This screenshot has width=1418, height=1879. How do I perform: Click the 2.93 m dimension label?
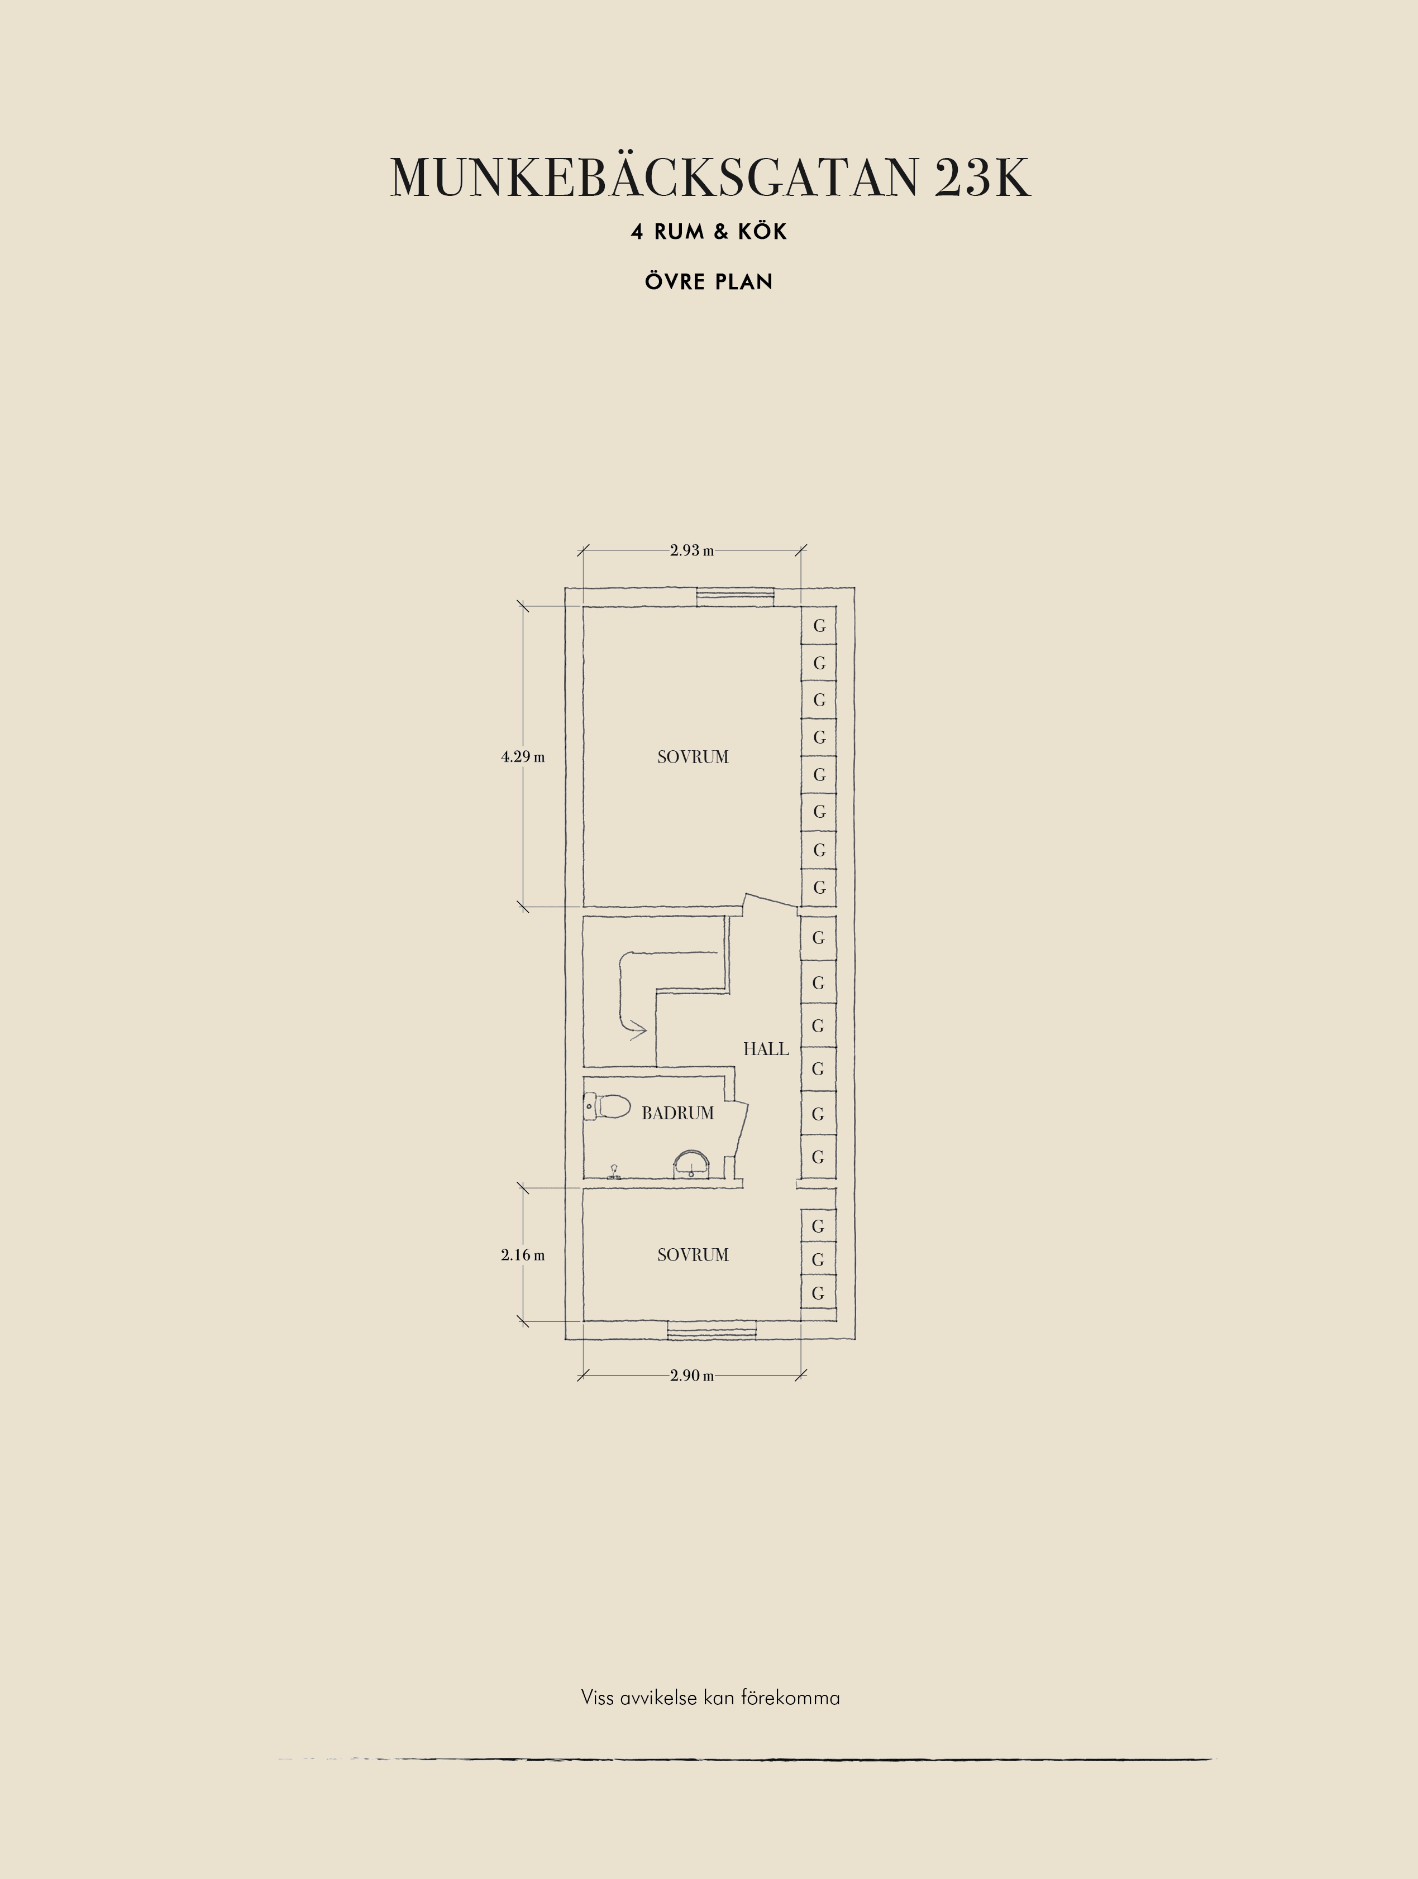click(x=691, y=550)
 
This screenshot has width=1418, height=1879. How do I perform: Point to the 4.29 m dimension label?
click(x=523, y=757)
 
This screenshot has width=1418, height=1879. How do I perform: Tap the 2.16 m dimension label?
click(x=523, y=1255)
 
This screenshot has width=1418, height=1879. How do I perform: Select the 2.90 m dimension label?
click(x=691, y=1375)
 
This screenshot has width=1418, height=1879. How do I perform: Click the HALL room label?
click(x=766, y=1049)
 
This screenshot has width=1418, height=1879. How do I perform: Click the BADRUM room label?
click(x=678, y=1113)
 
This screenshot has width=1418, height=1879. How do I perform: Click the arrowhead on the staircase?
click(x=638, y=1031)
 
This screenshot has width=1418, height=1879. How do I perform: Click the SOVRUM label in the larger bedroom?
click(x=693, y=757)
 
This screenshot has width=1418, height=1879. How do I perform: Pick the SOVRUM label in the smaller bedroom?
click(x=693, y=1255)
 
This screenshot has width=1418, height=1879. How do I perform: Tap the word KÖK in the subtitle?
click(x=762, y=232)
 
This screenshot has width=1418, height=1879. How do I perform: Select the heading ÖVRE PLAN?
click(x=709, y=281)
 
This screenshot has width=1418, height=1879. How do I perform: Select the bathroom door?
click(x=740, y=1130)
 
